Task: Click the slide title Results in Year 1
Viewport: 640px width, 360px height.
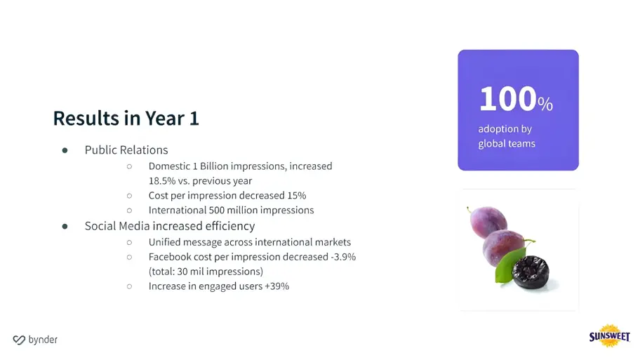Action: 126,118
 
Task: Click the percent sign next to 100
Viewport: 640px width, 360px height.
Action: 545,105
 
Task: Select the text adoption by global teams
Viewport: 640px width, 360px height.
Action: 507,136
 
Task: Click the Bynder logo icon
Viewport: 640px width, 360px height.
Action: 19,340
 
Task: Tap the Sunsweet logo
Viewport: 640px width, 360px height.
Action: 609,337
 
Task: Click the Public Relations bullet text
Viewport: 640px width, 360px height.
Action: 126,149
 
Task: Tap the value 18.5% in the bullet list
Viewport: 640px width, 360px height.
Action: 163,180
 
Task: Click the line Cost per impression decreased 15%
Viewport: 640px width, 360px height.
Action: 227,195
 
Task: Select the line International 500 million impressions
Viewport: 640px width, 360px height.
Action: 231,210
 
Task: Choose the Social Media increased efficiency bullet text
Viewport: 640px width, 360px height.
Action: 170,226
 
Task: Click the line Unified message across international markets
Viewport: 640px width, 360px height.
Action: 249,241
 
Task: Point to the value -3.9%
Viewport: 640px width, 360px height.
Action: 342,257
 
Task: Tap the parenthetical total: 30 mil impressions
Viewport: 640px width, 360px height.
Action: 206,272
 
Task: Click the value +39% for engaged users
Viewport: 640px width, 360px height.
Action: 276,286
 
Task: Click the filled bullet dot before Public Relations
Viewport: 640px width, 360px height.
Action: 65,150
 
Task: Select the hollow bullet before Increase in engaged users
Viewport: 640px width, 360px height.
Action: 129,286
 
